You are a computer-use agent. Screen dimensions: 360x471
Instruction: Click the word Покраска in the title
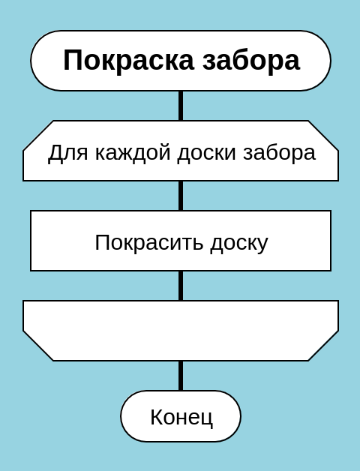(128, 61)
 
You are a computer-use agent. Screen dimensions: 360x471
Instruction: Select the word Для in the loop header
(68, 153)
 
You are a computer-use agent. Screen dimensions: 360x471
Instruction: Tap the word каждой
(133, 153)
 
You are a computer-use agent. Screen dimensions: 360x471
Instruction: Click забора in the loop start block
(280, 154)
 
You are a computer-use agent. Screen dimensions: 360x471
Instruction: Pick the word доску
(239, 244)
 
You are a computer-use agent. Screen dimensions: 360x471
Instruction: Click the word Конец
(181, 418)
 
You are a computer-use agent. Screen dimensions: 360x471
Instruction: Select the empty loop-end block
(181, 331)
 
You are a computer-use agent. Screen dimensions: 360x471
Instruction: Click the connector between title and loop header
(181, 106)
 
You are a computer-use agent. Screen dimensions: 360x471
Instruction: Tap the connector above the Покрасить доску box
(181, 196)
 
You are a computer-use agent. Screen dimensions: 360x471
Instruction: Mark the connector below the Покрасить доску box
(181, 286)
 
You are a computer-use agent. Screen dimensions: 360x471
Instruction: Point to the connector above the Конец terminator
(181, 376)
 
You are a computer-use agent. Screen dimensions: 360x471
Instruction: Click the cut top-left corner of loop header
(38, 136)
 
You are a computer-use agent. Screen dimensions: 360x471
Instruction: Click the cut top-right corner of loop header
(323, 136)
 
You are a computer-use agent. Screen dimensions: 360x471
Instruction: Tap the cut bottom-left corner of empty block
(38, 346)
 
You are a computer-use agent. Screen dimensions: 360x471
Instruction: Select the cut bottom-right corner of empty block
(323, 346)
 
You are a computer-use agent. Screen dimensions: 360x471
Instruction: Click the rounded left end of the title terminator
(31, 61)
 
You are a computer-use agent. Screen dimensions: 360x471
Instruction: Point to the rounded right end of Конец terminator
(241, 416)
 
